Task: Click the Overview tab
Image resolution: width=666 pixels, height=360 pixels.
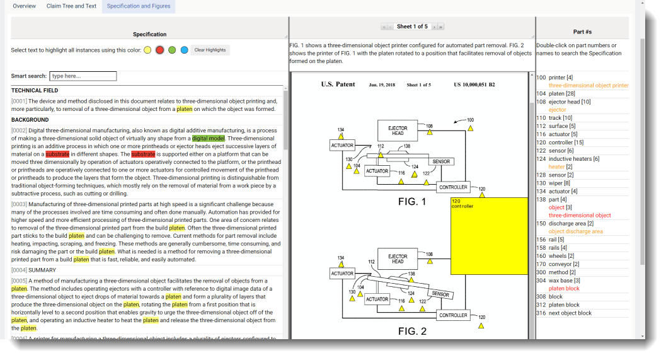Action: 24,6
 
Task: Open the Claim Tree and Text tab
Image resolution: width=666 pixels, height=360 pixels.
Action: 71,6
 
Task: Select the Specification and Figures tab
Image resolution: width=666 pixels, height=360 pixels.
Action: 138,6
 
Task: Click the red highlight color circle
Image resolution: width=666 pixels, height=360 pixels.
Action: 159,50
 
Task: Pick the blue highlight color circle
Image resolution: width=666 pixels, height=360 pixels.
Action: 184,50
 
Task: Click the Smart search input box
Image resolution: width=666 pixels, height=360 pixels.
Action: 83,76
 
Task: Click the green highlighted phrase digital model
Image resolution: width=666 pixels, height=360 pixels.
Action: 209,138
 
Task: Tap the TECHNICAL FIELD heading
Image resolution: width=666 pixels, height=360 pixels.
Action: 35,91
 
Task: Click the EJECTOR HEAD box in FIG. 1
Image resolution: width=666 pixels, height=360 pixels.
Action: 398,131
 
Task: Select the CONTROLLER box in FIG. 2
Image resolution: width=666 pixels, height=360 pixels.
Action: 453,315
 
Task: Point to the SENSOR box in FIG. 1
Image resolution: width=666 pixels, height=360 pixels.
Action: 441,161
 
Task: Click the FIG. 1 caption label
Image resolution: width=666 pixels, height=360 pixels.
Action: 412,202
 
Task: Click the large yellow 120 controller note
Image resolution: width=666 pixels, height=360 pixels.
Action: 489,236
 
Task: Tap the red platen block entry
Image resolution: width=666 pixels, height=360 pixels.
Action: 564,288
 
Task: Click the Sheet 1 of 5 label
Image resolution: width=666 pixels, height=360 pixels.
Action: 412,26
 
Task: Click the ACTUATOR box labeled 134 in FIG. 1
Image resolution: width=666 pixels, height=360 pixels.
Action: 342,145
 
